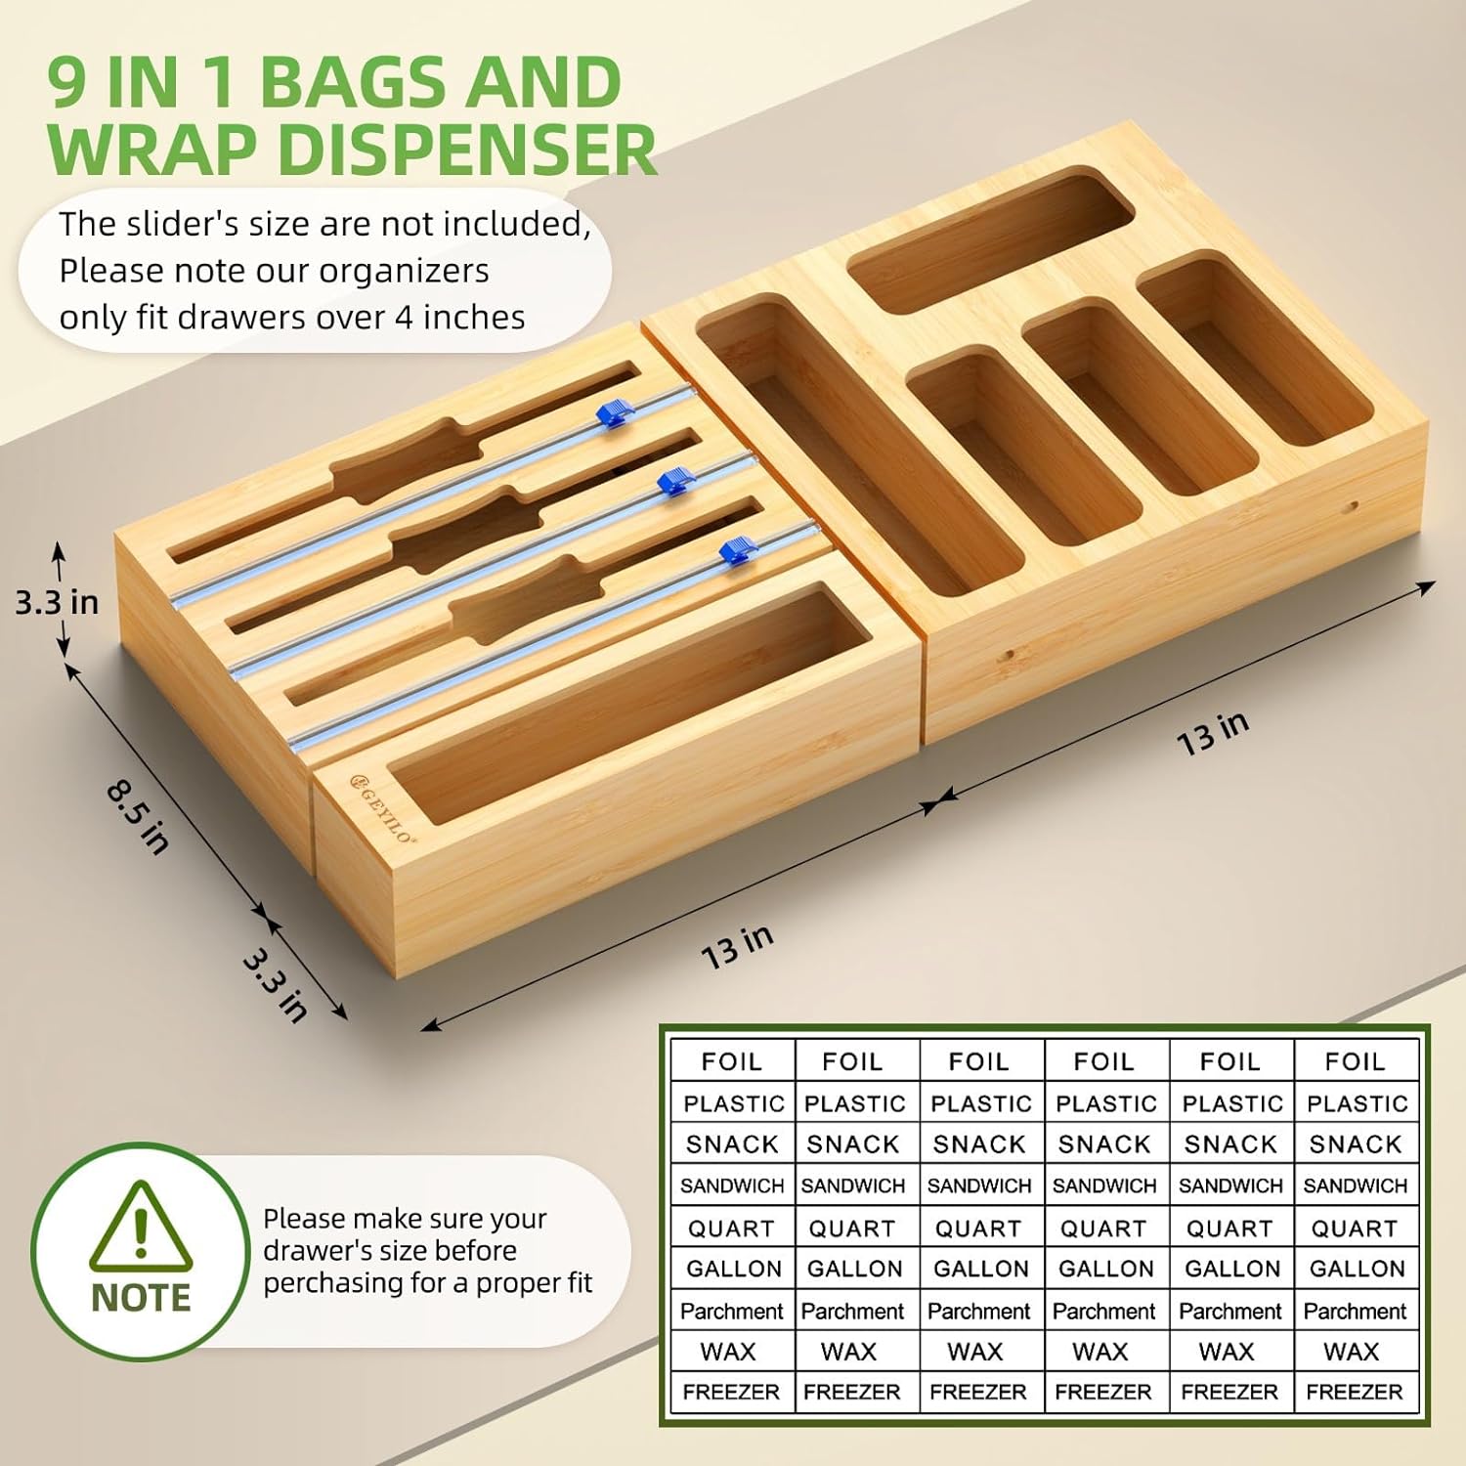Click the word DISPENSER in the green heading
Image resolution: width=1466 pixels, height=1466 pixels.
tap(467, 149)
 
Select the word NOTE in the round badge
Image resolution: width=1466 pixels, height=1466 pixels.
tap(141, 1298)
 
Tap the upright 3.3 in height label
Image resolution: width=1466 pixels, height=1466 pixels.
tap(57, 602)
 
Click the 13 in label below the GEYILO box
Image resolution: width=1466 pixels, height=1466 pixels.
tap(738, 947)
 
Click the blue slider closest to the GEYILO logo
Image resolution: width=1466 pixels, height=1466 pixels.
tap(738, 551)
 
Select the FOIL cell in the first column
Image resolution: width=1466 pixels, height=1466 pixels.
tap(732, 1061)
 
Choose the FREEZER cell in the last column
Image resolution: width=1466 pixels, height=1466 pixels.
tap(1355, 1392)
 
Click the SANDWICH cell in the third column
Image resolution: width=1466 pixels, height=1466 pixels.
tap(979, 1186)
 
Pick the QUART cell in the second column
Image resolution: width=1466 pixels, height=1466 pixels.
tap(852, 1229)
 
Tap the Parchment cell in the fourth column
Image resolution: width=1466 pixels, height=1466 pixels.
tap(1104, 1311)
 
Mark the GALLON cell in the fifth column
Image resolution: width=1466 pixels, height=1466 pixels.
tap(1232, 1269)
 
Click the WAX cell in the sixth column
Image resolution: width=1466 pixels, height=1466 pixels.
tap(1352, 1352)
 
